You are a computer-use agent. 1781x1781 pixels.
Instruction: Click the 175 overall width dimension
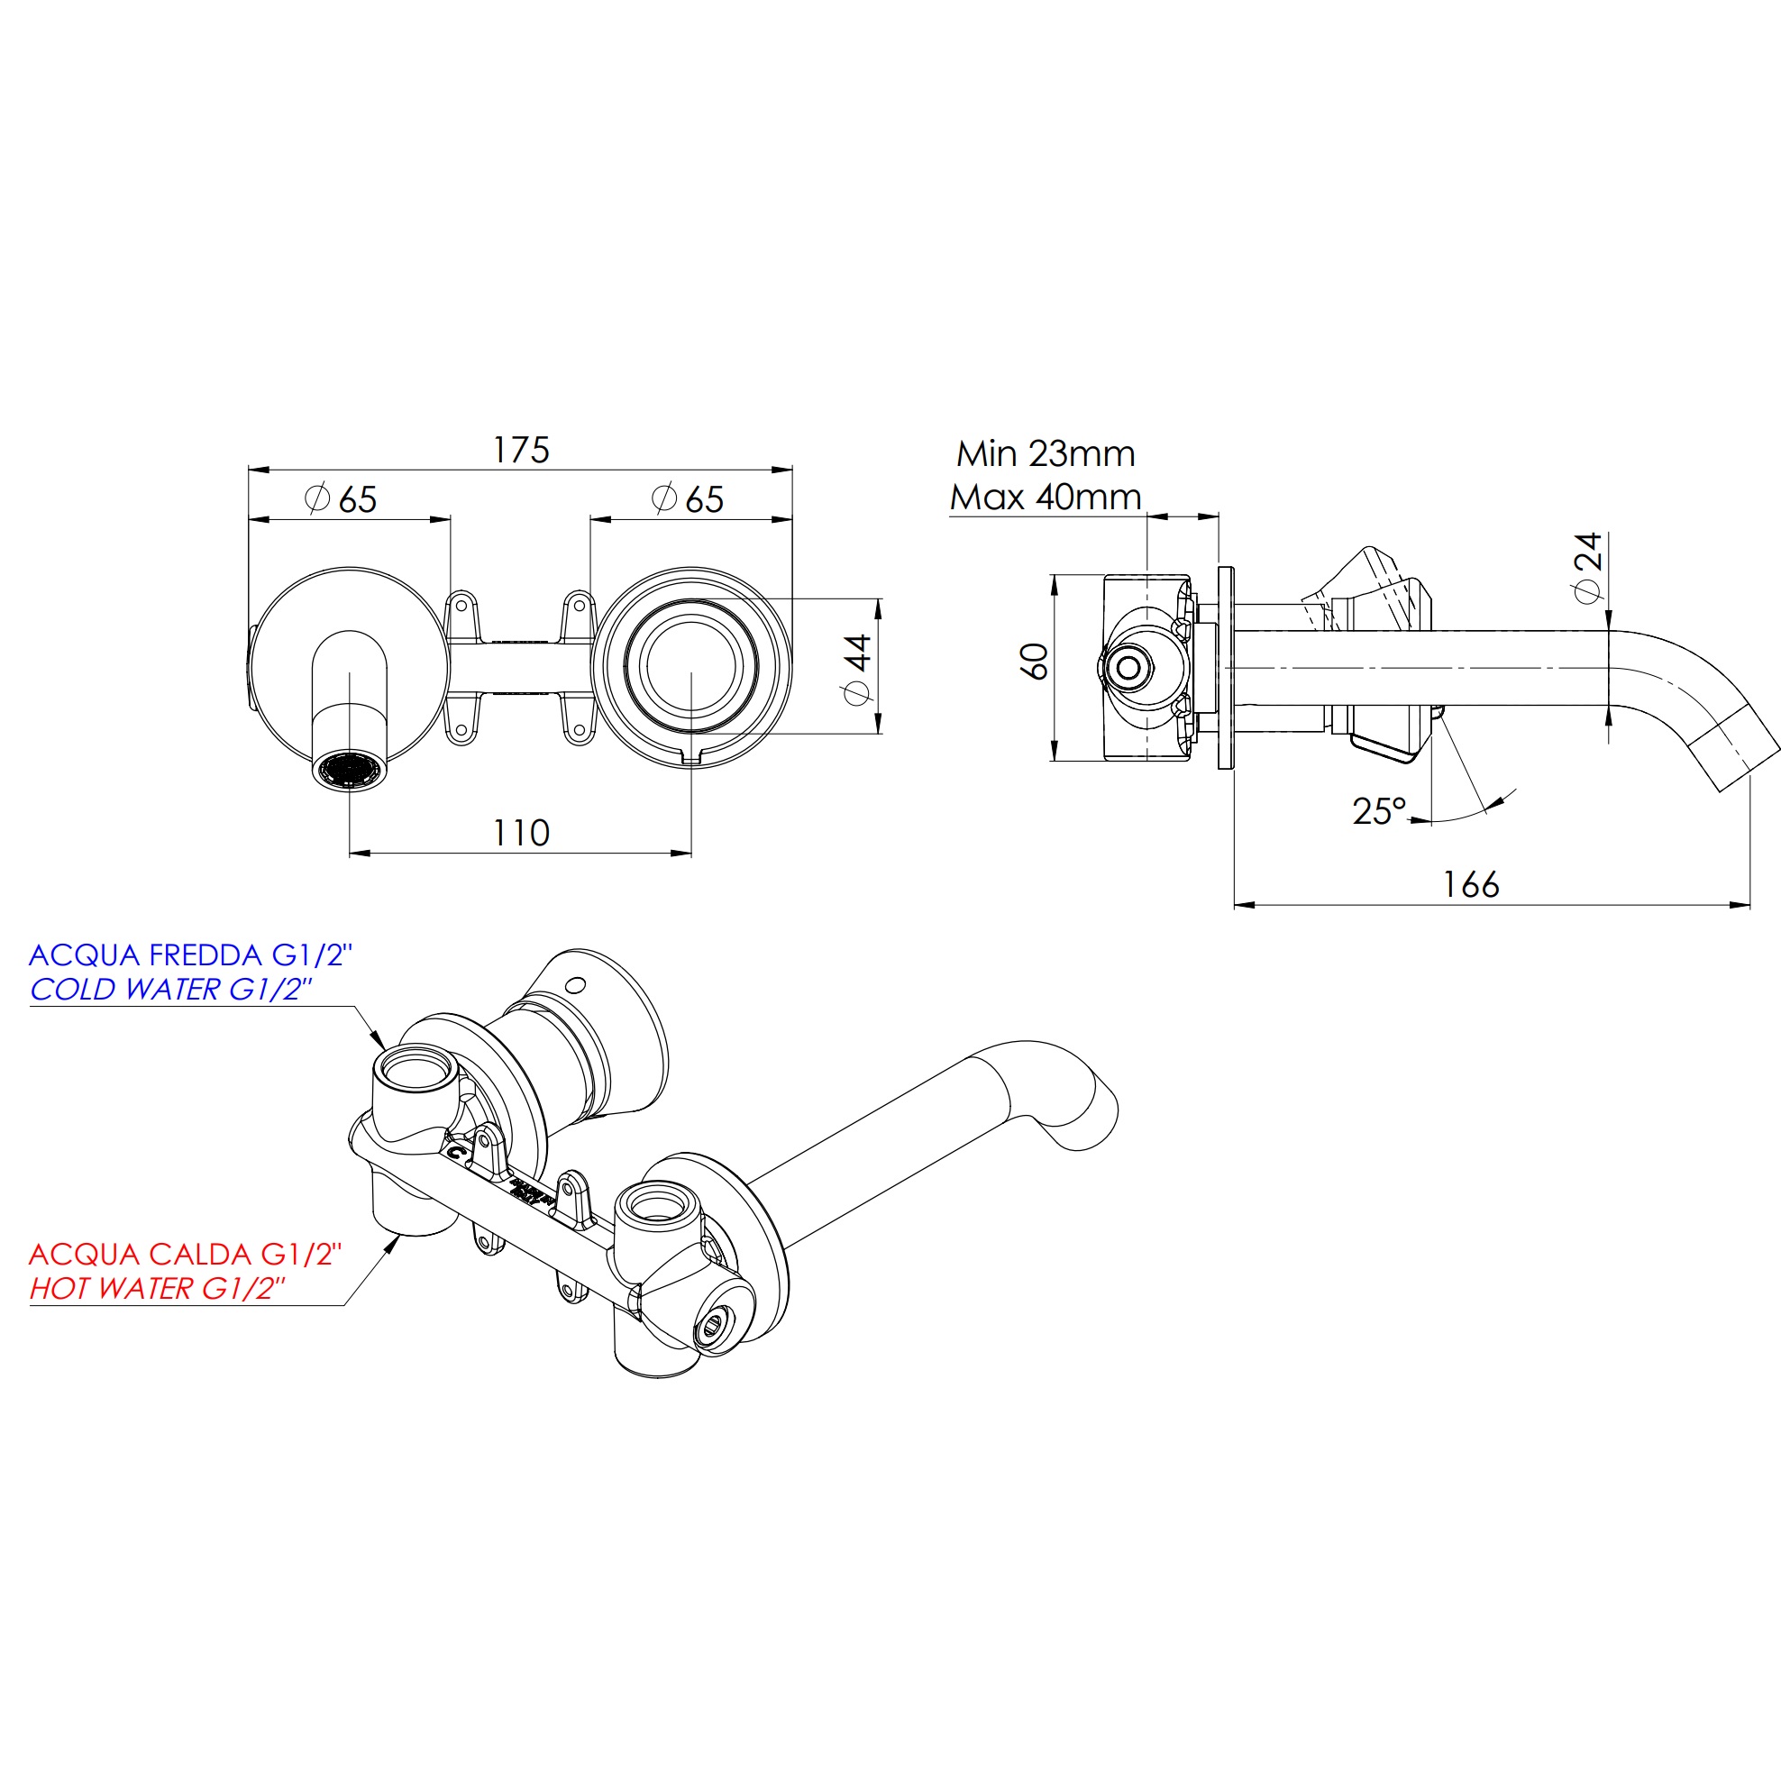coord(521,450)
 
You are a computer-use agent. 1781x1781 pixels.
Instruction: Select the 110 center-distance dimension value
coord(521,834)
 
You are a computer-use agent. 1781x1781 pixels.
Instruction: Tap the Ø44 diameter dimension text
coord(857,669)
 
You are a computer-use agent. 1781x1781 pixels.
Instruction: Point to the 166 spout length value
coord(1470,885)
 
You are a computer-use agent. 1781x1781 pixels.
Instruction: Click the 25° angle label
coord(1379,811)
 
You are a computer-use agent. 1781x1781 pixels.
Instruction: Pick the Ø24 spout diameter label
coord(1588,567)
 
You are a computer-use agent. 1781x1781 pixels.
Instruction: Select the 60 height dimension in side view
coord(1035,661)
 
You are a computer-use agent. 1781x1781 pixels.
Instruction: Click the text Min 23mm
coord(1046,453)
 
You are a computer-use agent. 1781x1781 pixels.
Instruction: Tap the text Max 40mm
coord(1046,498)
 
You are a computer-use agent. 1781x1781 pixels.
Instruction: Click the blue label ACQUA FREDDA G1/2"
coord(191,955)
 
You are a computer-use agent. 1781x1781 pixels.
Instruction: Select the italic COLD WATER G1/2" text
coord(170,989)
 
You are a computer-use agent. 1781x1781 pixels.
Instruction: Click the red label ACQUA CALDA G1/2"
coord(186,1254)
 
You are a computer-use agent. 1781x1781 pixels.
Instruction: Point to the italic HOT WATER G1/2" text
coord(157,1288)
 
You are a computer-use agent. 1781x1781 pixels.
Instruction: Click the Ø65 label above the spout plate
coord(341,499)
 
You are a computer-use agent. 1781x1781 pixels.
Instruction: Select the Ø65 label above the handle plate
coord(688,499)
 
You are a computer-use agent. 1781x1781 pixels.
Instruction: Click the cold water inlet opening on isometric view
coord(415,1069)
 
